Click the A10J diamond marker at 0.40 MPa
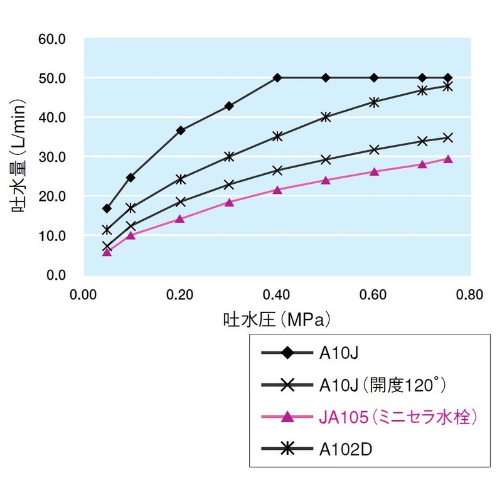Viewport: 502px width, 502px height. coord(277,78)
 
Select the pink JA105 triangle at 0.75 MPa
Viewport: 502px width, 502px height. coord(447,159)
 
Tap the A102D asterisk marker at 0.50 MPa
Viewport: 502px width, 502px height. coord(326,117)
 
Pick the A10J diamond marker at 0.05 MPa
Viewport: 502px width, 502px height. coord(107,208)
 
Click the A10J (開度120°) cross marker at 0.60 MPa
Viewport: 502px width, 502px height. coord(374,149)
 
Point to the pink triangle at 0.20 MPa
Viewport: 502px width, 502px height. coord(180,219)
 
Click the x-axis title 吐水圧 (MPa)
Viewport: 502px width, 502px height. coord(277,319)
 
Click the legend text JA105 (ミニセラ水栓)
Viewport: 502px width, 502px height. coord(393,417)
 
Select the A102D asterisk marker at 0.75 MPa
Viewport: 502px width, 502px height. coord(447,86)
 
